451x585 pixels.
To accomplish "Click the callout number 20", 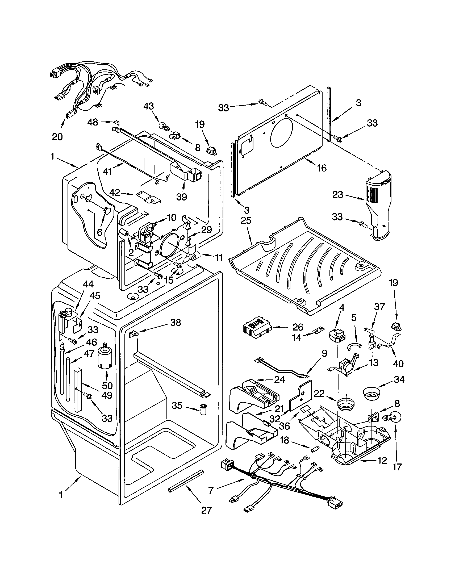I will pyautogui.click(x=57, y=137).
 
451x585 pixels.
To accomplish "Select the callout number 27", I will pyautogui.click(x=206, y=510).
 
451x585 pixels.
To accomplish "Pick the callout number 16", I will pyautogui.click(x=322, y=168).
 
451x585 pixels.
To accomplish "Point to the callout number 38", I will pyautogui.click(x=176, y=323).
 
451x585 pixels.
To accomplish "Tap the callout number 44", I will pyautogui.click(x=88, y=285).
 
